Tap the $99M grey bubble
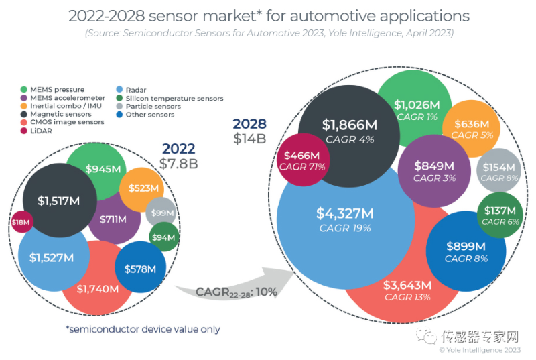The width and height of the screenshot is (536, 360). click(x=161, y=213)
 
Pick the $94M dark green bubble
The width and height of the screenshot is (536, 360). click(x=164, y=237)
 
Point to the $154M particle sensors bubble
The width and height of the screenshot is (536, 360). click(x=496, y=172)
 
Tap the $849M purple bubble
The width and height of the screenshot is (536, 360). click(x=435, y=171)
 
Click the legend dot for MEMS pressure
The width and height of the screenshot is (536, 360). click(x=25, y=90)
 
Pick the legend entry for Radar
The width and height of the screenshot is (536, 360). click(x=136, y=90)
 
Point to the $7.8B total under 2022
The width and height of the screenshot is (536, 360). click(x=178, y=163)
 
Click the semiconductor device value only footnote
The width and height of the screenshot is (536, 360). click(x=143, y=329)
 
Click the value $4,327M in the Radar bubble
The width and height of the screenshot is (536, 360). click(x=344, y=214)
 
